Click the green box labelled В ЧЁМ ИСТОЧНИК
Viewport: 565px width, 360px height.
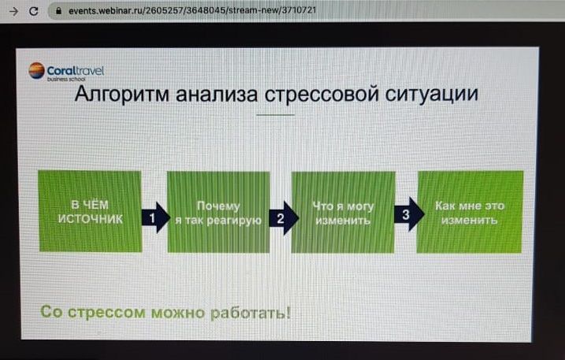click(90, 212)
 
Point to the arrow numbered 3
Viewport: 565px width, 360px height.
click(407, 213)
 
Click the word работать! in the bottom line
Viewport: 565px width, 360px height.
click(250, 313)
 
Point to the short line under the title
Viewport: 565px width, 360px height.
click(276, 115)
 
